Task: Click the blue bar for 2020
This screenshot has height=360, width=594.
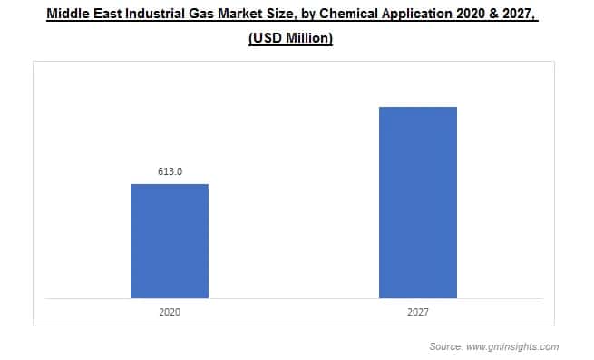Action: (170, 241)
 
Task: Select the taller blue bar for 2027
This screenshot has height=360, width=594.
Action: (417, 202)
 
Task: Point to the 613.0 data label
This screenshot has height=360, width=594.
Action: (170, 170)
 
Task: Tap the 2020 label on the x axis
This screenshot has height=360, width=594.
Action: (170, 311)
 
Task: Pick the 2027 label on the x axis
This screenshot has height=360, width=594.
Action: (417, 311)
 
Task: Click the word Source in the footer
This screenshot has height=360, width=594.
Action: (446, 346)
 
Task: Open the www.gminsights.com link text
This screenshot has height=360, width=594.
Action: (514, 346)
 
